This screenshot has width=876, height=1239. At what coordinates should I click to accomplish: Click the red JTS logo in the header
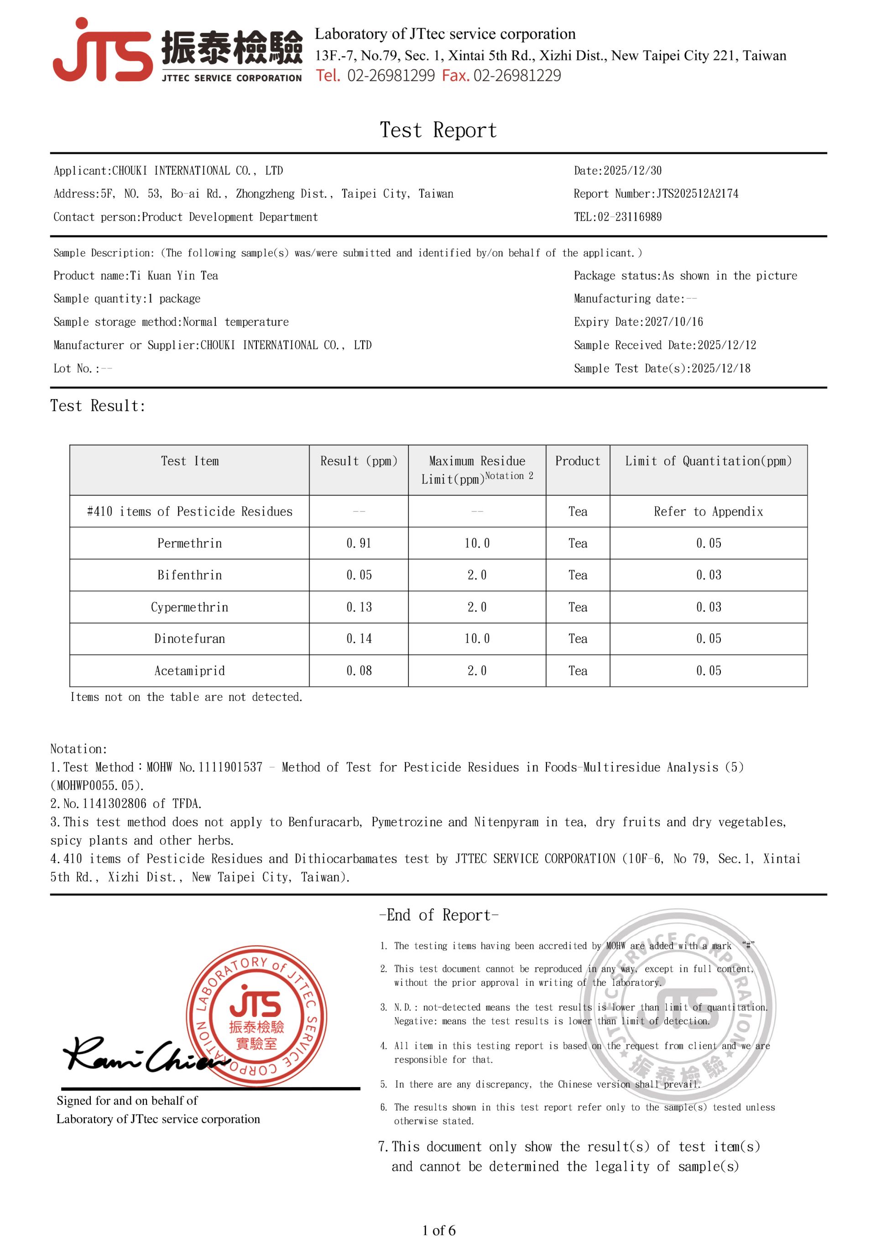(103, 51)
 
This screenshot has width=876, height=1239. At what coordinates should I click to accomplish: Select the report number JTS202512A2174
(697, 194)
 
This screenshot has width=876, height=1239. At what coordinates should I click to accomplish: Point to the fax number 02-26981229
(517, 76)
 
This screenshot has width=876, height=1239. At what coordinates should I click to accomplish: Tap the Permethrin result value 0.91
(359, 543)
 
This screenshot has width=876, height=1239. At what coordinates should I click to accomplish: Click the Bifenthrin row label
(189, 575)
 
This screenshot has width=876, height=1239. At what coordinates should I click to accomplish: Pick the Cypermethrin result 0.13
(359, 607)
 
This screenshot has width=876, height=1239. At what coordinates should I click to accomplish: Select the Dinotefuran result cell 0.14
(359, 639)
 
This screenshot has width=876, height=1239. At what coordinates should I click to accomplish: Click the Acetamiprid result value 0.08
(359, 671)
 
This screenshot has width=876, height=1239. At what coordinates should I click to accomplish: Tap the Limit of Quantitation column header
(708, 461)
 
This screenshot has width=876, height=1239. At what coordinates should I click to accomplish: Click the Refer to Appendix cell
(708, 511)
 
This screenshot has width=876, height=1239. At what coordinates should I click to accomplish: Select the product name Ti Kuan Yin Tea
(174, 276)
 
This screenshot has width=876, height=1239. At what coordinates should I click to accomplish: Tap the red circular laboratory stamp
(256, 1015)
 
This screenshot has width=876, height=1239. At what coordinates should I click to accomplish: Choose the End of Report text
(438, 915)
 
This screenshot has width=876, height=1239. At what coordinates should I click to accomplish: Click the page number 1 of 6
(438, 1230)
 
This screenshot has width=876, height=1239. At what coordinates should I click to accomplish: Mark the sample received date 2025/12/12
(726, 345)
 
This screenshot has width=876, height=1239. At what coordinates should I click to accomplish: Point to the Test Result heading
(98, 406)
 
